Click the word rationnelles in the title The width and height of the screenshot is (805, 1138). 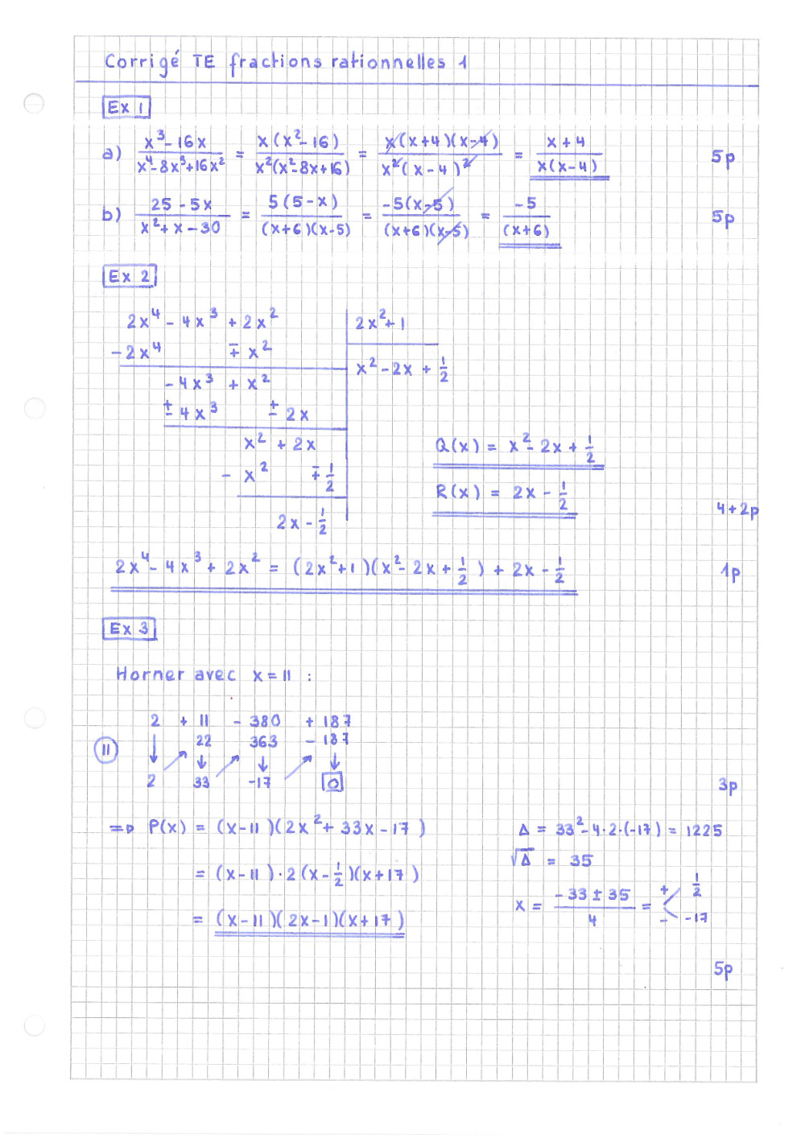(388, 62)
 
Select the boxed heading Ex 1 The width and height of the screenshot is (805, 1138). (126, 107)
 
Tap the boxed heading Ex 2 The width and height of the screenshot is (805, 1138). (129, 276)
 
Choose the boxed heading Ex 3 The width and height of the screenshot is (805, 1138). (129, 629)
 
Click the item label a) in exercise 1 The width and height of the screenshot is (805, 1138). (112, 152)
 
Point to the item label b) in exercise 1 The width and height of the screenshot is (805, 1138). (112, 215)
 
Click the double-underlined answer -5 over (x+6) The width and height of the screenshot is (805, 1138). (527, 218)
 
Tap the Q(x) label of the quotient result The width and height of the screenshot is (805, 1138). (456, 446)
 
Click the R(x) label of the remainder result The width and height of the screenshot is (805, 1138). (457, 492)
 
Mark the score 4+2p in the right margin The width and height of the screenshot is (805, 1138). (737, 509)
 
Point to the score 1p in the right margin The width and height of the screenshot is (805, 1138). (731, 572)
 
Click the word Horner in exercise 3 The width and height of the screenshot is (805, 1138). (150, 674)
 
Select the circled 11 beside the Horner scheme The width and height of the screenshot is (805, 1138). (105, 750)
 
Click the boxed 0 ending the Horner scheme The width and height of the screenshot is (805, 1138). (332, 781)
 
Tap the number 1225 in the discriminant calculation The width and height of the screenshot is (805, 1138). (704, 830)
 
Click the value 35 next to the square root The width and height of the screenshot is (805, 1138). (580, 860)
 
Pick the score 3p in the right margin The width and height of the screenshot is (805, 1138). (728, 785)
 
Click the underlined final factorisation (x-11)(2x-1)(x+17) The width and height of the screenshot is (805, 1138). (310, 919)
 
